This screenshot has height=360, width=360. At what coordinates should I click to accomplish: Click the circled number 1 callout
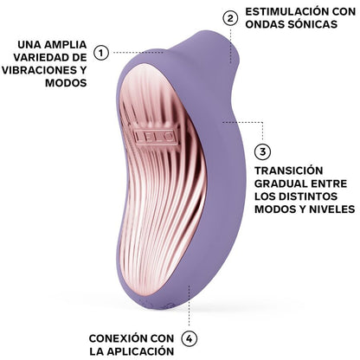coord(101,52)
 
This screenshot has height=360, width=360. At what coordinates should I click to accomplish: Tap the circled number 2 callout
coord(230,18)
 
